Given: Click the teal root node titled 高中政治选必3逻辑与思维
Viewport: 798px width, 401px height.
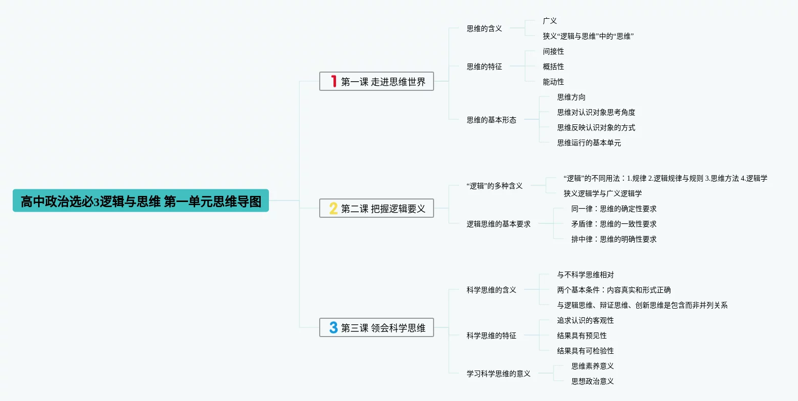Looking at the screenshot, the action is coord(141,201).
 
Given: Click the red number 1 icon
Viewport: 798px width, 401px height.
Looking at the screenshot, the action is coord(333,81).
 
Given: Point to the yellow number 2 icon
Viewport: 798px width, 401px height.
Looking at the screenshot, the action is coord(333,208).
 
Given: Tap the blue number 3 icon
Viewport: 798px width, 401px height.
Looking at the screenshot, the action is coord(333,327).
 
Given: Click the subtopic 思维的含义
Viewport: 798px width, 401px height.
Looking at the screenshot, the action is coord(484,28).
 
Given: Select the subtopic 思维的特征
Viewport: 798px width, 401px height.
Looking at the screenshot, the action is coord(484,66).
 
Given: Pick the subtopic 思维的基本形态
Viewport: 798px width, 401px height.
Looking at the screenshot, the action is coord(492,120).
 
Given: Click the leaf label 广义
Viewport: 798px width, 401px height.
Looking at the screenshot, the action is coord(550,21).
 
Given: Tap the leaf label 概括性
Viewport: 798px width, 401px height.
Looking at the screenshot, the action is coord(554,66).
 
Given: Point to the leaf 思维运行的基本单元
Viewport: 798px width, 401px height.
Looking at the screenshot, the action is coord(589,143).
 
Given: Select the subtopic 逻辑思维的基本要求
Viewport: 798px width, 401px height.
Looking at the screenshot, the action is coord(499,224).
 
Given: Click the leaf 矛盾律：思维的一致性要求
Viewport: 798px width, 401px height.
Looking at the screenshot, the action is coord(614,224).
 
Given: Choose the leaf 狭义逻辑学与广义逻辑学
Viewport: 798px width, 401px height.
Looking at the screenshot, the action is coord(603,193).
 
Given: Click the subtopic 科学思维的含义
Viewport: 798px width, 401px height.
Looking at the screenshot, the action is coord(492,290).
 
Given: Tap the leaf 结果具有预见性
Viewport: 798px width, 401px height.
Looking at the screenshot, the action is coord(582,336).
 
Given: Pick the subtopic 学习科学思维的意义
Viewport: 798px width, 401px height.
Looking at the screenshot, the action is coord(499,374).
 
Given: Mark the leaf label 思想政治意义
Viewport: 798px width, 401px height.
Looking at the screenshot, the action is coord(593,381).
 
